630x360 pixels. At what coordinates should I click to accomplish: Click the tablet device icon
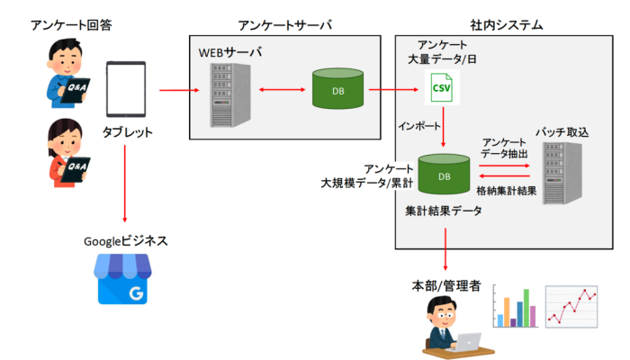(126, 89)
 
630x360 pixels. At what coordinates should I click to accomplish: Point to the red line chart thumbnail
(573, 309)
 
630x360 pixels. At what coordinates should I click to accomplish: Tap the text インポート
(418, 126)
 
